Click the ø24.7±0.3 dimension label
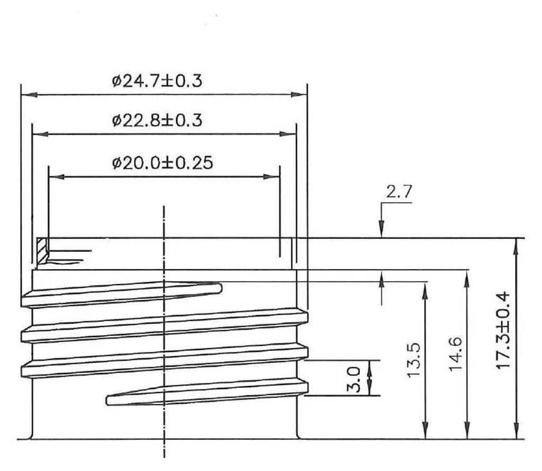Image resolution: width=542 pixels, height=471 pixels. point(157,81)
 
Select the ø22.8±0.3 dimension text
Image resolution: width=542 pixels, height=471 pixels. point(157,120)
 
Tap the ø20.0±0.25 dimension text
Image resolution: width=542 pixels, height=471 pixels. point(162,163)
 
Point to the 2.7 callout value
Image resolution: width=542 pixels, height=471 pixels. point(399,191)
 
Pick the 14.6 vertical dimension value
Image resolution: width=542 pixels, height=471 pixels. point(455,354)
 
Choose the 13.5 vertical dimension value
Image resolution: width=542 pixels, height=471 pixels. point(413,360)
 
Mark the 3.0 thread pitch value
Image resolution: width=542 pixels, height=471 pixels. point(354,380)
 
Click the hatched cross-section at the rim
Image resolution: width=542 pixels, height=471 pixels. point(42,251)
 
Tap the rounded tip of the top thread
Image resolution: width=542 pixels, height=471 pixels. point(219,288)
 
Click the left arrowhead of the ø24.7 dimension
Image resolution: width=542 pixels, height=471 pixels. point(29,94)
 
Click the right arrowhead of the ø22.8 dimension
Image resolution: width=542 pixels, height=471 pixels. point(288,134)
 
